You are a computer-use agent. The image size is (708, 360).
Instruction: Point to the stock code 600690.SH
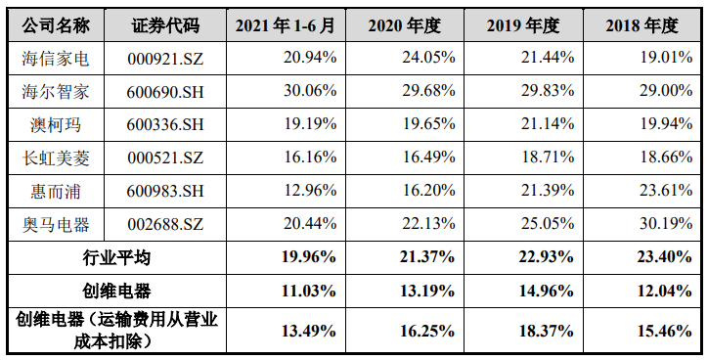(x=162, y=92)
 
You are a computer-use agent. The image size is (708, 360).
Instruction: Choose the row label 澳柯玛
(x=56, y=125)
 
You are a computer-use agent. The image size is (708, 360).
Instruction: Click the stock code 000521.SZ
(x=162, y=157)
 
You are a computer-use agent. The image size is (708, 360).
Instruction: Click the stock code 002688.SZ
(x=162, y=224)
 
